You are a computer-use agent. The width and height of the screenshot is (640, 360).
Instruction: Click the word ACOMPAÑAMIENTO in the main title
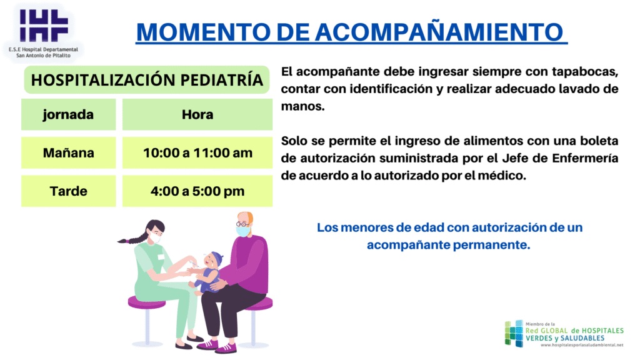439,32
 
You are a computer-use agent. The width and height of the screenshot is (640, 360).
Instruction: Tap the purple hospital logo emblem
44,26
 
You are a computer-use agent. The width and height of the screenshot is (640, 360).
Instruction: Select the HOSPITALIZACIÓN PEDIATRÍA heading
147,80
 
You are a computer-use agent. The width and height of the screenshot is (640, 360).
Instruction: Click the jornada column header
68,115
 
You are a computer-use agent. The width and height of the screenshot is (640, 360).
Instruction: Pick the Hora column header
197,115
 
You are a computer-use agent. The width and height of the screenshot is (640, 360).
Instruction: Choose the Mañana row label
69,152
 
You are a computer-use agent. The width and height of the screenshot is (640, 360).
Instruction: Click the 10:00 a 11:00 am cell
197,153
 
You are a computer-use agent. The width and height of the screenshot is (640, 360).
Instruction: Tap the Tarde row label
69,191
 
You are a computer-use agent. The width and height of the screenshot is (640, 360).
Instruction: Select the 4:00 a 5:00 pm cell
197,191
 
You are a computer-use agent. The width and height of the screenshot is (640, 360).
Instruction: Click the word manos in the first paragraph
302,106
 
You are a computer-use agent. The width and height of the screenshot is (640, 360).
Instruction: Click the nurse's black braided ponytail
132,239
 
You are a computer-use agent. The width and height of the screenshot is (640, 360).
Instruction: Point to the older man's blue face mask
243,231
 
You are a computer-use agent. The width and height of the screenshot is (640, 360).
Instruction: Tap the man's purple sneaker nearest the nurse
207,345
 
